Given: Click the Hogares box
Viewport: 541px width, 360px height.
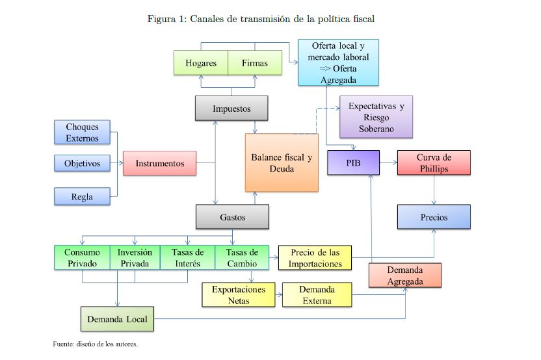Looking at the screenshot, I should (201, 63).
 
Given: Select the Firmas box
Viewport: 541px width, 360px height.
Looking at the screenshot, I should (254, 63).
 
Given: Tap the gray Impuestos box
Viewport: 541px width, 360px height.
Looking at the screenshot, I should (231, 109).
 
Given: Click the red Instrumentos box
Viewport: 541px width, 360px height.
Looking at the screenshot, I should (159, 164).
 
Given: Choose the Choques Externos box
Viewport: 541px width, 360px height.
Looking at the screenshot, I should (83, 133).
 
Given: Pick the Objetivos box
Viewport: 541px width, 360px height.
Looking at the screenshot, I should (83, 163).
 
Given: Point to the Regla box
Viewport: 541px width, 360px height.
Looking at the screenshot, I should (83, 197).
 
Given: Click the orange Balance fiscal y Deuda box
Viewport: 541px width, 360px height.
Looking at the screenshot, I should (282, 163).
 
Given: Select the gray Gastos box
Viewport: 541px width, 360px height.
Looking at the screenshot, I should (232, 217).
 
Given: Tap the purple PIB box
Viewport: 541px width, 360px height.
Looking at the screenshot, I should (353, 162).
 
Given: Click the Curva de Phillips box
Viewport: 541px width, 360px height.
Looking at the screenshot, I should (434, 162).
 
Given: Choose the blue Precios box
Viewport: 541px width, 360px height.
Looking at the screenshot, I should (434, 217).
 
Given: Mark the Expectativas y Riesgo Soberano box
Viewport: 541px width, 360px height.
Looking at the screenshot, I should (376, 117).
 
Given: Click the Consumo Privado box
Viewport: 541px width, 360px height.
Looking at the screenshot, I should (81, 258).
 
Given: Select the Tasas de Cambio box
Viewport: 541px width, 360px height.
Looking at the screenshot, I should (242, 258).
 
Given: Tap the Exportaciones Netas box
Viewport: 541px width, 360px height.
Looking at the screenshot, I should (239, 294).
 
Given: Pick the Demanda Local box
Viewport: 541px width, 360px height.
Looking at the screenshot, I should (117, 319).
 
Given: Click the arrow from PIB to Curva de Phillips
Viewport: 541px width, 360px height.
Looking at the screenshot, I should (388, 162).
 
